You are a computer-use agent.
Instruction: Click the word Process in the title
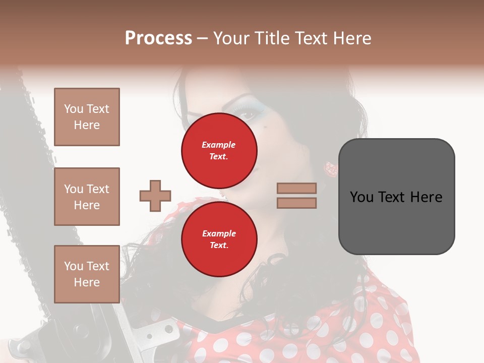click(x=158, y=38)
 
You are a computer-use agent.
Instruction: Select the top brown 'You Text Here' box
click(x=87, y=117)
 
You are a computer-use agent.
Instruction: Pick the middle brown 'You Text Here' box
click(x=87, y=197)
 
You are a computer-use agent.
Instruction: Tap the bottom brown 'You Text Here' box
click(x=87, y=274)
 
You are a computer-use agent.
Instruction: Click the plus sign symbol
click(x=155, y=196)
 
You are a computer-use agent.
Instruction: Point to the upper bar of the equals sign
click(x=296, y=188)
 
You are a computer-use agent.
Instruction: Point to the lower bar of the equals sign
click(x=296, y=203)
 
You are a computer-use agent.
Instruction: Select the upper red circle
click(x=219, y=151)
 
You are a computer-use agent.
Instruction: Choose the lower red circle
click(x=219, y=239)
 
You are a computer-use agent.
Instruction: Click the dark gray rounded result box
click(x=396, y=196)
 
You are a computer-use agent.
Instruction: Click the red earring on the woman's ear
click(x=331, y=169)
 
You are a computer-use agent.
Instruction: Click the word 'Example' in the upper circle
click(x=219, y=145)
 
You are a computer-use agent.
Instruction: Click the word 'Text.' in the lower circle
click(x=219, y=246)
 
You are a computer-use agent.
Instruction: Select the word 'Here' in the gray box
click(x=426, y=197)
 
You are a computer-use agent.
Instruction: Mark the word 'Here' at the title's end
click(x=353, y=38)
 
